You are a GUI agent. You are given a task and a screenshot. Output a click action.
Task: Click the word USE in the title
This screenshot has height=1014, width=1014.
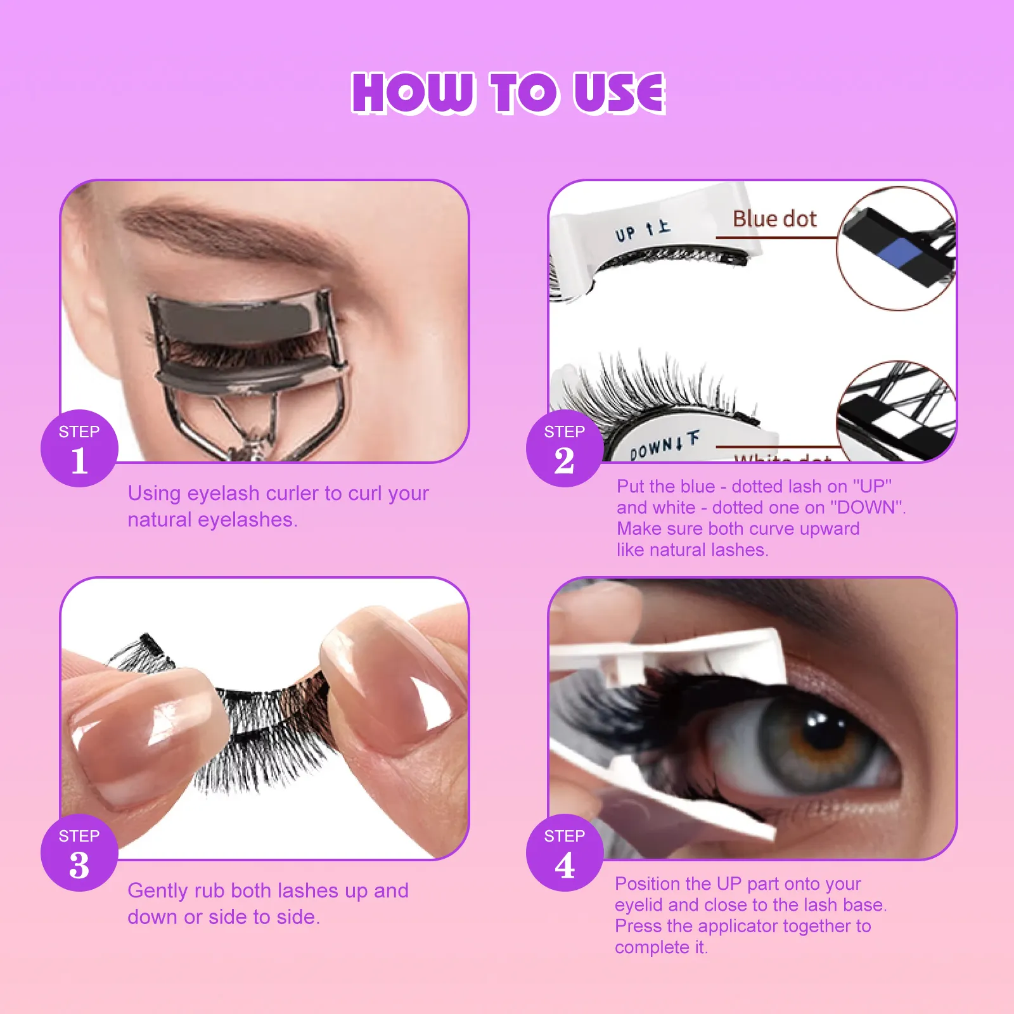pyautogui.click(x=619, y=93)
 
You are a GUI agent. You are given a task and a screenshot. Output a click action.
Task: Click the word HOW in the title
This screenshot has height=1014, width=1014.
pyautogui.click(x=413, y=93)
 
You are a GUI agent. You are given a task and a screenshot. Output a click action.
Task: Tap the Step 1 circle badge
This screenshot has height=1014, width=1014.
pyautogui.click(x=79, y=448)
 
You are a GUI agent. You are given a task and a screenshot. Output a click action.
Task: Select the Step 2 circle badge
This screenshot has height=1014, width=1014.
pyautogui.click(x=564, y=448)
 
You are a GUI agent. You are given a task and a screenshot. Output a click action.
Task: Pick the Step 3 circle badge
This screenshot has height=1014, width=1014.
pyautogui.click(x=79, y=852)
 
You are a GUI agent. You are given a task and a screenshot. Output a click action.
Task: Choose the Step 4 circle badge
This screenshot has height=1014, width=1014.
pyautogui.click(x=564, y=852)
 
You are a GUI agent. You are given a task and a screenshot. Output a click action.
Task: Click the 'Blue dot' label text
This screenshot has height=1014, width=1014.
pyautogui.click(x=774, y=219)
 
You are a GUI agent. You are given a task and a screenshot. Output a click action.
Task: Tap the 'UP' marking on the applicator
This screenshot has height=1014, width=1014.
pyautogui.click(x=626, y=234)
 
